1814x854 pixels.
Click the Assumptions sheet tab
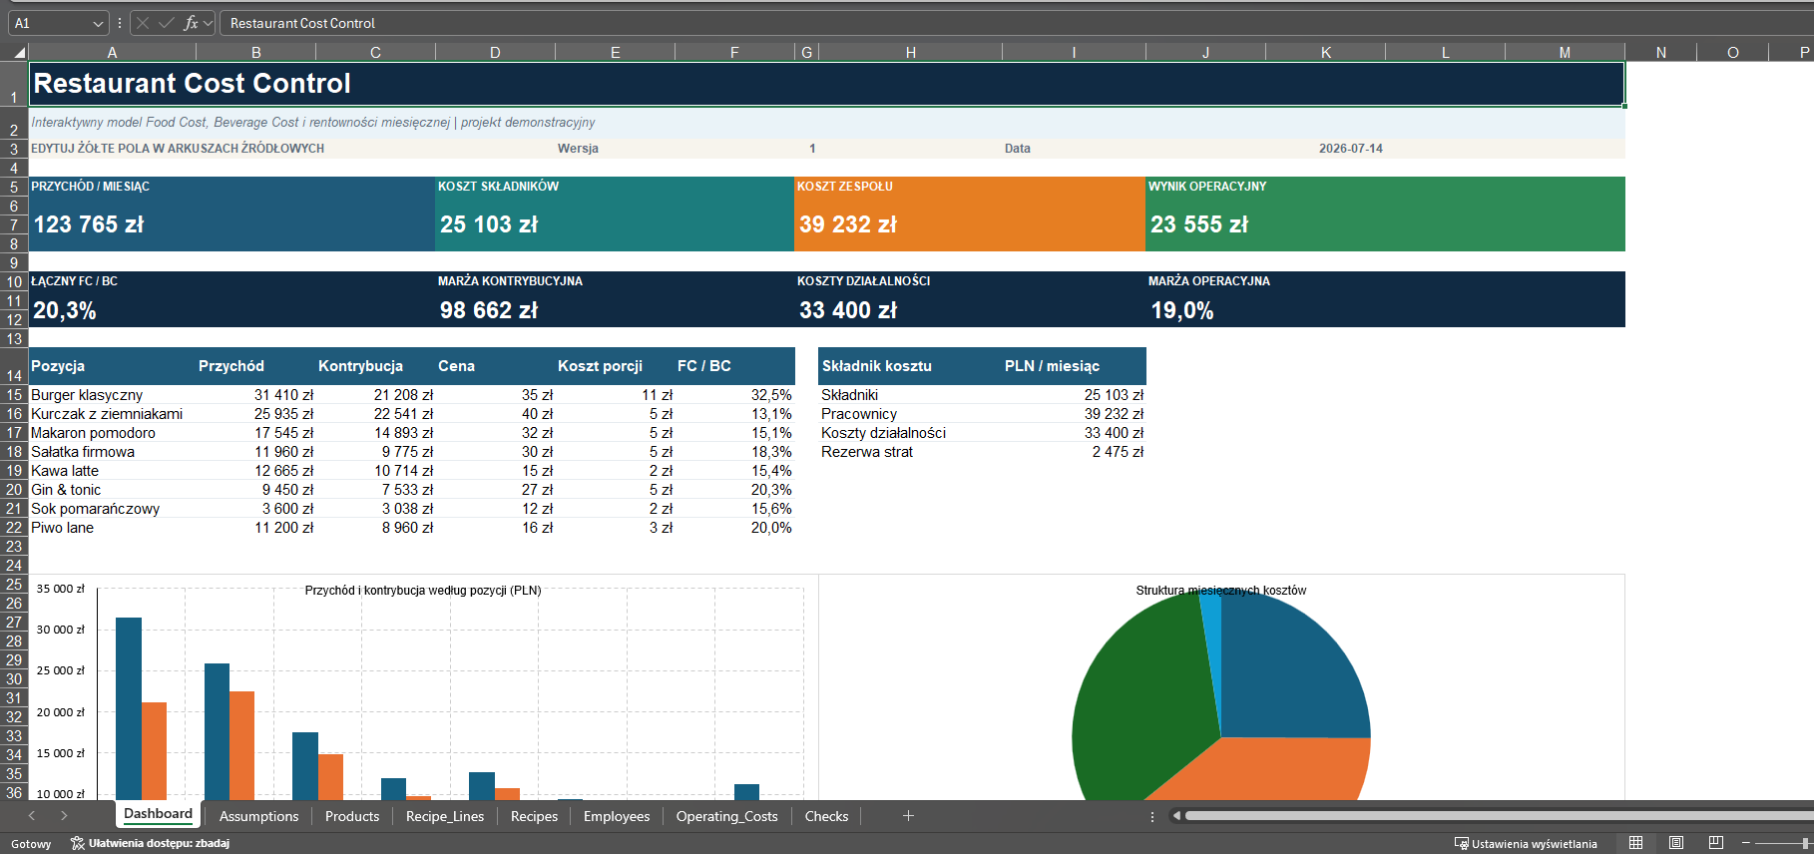coord(258,816)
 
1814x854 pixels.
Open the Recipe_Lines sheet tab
coord(445,816)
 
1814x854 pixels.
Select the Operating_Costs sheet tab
coord(726,816)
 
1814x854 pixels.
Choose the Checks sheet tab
coord(826,816)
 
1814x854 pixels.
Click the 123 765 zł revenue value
coord(89,224)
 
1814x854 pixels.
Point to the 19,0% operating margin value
coord(1182,310)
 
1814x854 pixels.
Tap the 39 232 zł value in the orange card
coord(848,224)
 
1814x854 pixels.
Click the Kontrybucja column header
coord(360,366)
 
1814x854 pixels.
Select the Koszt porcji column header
coord(600,366)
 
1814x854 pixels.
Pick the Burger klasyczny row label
coord(87,395)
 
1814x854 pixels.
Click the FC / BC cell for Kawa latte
coord(771,471)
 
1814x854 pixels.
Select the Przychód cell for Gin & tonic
coord(287,490)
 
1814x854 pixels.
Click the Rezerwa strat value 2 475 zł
coord(1118,452)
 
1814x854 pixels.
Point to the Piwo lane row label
coord(62,528)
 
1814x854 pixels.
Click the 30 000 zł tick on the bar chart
coord(61,630)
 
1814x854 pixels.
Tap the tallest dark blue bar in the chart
coord(129,708)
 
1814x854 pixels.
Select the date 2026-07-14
coord(1351,149)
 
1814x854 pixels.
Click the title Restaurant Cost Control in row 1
coord(193,84)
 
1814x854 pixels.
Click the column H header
coord(910,52)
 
